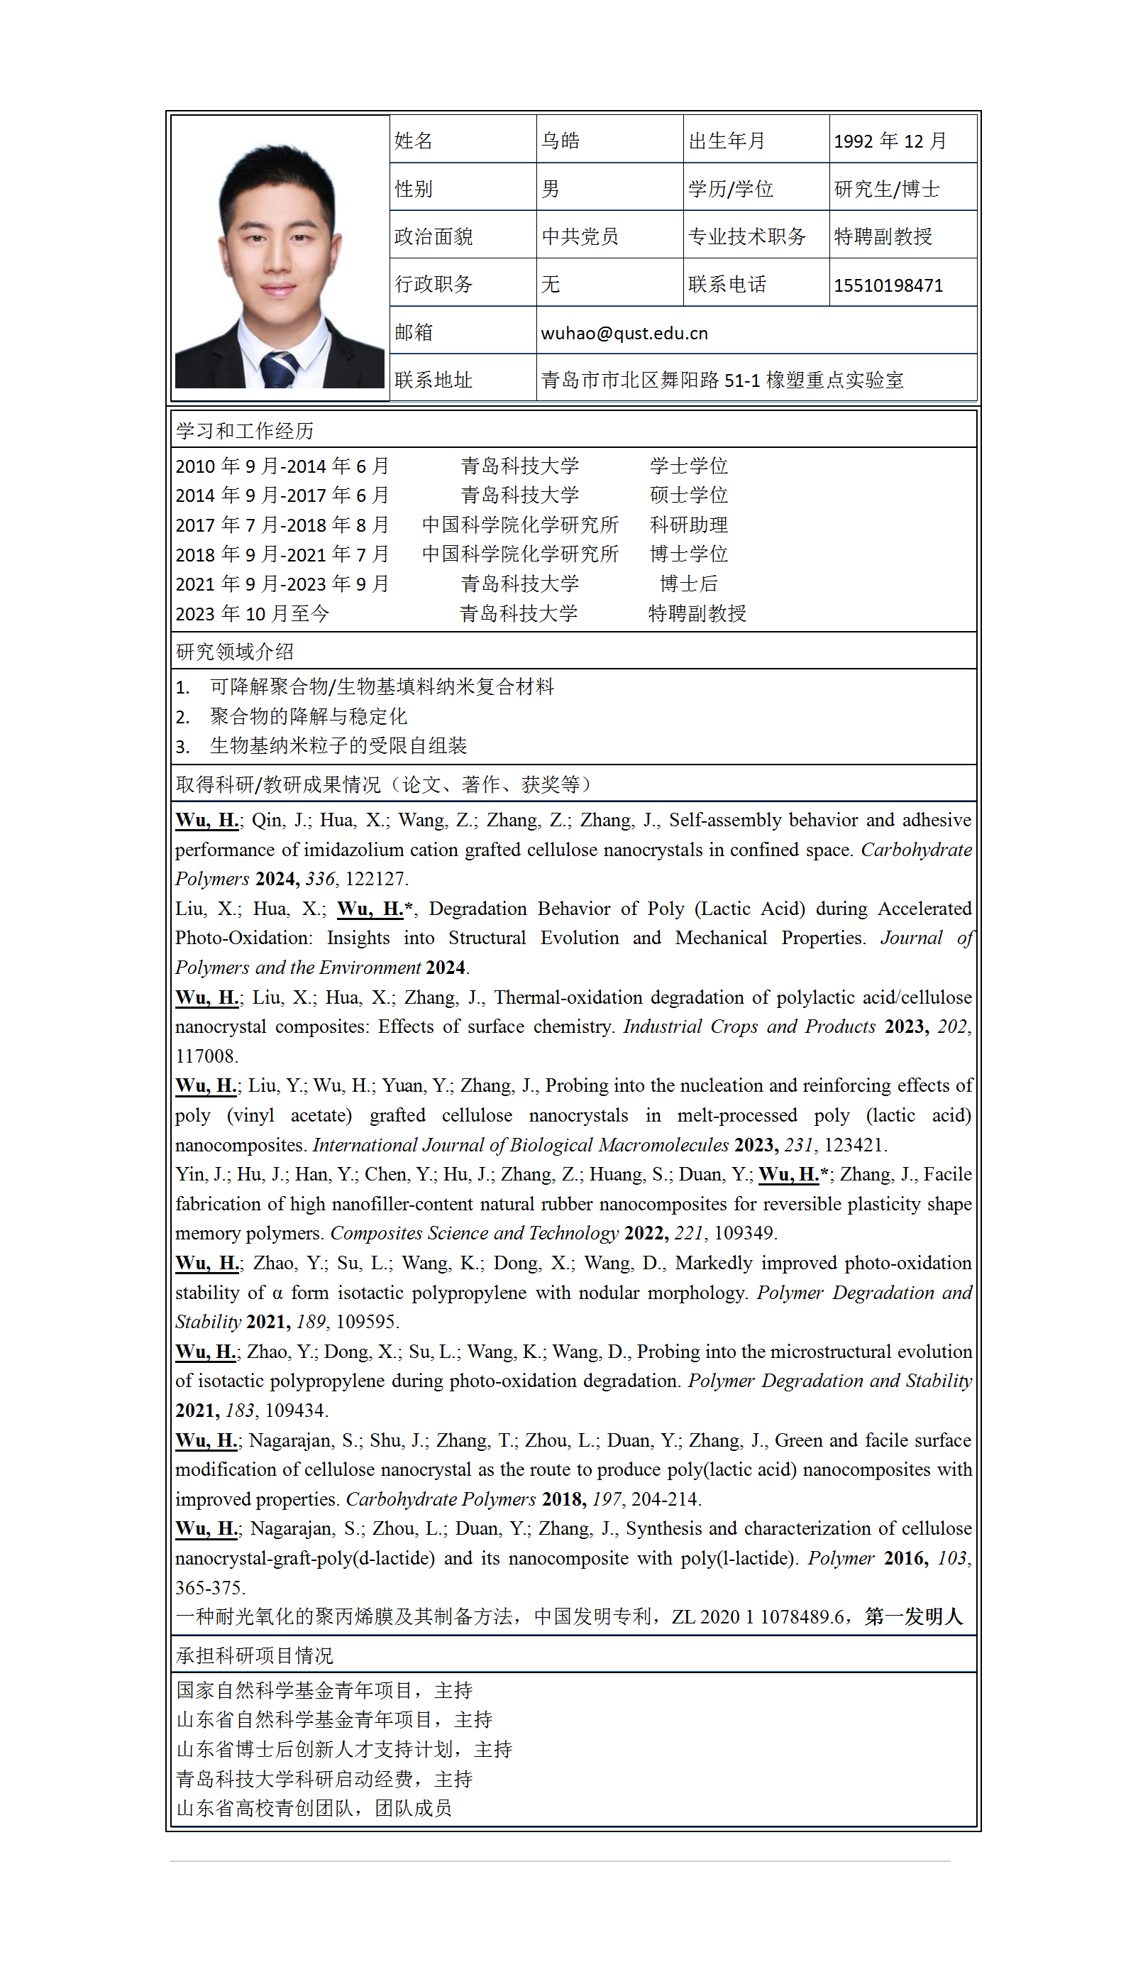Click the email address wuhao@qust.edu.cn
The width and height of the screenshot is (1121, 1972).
624,333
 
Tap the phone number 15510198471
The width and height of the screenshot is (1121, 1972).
888,286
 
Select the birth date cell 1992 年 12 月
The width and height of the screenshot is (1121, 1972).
889,141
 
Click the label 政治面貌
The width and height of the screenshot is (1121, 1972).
434,236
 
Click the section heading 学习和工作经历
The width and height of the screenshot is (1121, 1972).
245,431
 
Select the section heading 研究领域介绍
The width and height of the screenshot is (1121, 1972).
235,652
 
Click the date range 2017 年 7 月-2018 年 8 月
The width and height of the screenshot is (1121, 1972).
282,525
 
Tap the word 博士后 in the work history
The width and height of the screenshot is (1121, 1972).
688,584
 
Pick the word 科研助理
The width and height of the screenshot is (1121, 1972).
688,525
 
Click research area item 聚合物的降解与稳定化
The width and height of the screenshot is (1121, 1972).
308,716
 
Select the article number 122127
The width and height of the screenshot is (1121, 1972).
377,879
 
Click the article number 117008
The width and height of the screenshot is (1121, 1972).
206,1056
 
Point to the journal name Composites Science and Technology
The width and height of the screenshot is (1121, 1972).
474,1233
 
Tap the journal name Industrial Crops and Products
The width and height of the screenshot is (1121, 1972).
749,1027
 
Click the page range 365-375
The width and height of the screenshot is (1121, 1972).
209,1588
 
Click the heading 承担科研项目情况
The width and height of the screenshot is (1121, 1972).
254,1655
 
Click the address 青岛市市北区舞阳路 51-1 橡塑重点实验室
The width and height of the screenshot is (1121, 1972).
722,380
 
